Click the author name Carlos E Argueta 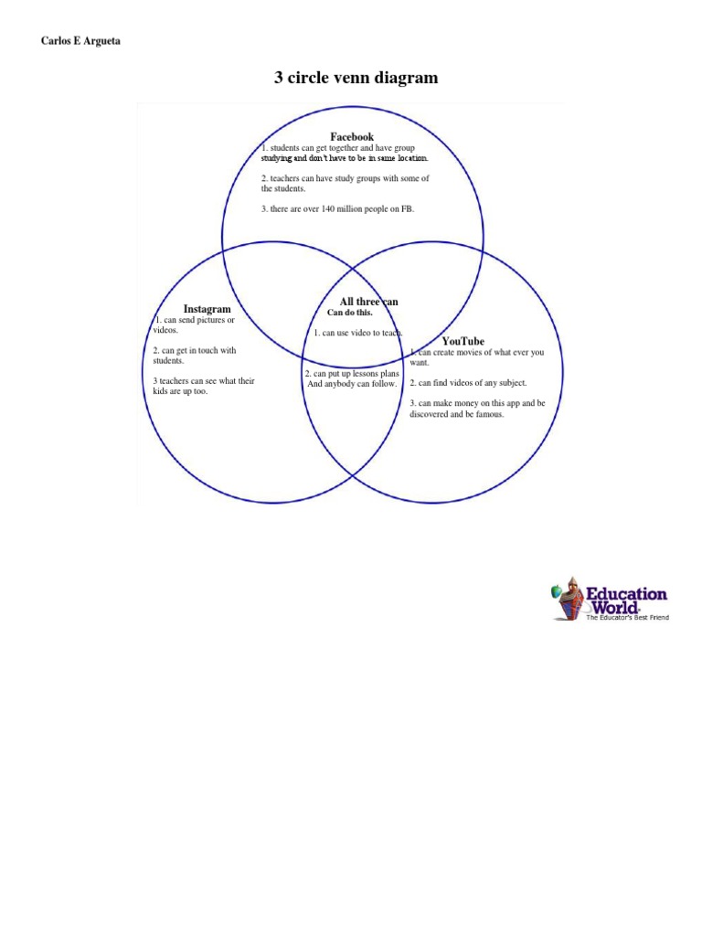[x=80, y=42]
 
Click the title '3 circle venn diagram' [x=356, y=79]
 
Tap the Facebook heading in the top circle [x=352, y=137]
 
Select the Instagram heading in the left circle [x=207, y=310]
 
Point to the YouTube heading [x=463, y=341]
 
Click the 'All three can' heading [x=368, y=302]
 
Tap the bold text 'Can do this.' [x=350, y=313]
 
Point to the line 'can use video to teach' [x=358, y=334]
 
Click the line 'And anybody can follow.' [x=352, y=384]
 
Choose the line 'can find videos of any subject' [x=468, y=383]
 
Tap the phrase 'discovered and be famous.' [x=456, y=414]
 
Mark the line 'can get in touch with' [x=195, y=350]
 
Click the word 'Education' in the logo [x=626, y=594]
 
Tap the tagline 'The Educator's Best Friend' [x=627, y=619]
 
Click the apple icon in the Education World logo [x=556, y=592]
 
